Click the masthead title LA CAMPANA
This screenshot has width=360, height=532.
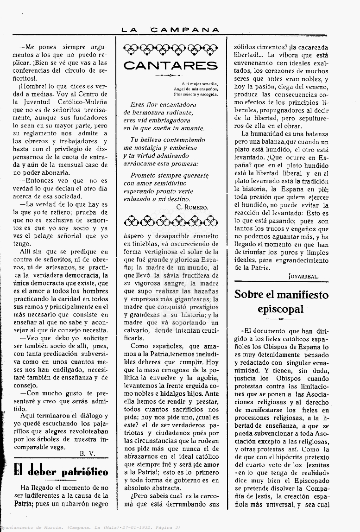pos(170,30)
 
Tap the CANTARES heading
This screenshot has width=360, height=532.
pos(171,65)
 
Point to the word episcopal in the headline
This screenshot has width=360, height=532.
pos(281,309)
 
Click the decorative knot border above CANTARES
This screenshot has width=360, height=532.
pos(171,49)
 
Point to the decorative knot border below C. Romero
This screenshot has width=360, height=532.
pos(171,221)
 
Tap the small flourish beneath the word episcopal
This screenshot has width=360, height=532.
pos(281,319)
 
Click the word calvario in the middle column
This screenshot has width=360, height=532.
pos(139,331)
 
